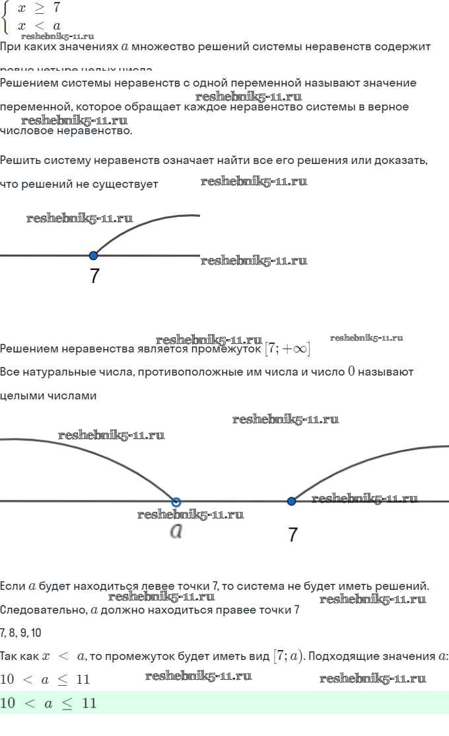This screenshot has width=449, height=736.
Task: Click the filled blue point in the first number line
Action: [93, 255]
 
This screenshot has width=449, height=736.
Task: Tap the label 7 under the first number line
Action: [94, 276]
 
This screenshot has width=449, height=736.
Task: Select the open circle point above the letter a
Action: [176, 502]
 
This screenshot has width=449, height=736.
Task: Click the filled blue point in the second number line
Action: [292, 501]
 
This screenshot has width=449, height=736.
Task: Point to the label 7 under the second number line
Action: [293, 534]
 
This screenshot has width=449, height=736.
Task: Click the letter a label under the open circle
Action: [176, 531]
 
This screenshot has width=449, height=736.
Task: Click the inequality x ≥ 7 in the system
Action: [38, 9]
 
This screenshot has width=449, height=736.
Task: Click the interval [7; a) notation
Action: [288, 656]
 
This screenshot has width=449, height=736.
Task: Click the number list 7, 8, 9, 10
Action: [20, 633]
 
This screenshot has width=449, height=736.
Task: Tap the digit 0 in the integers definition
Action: [351, 371]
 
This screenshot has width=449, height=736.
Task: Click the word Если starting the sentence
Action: [13, 586]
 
